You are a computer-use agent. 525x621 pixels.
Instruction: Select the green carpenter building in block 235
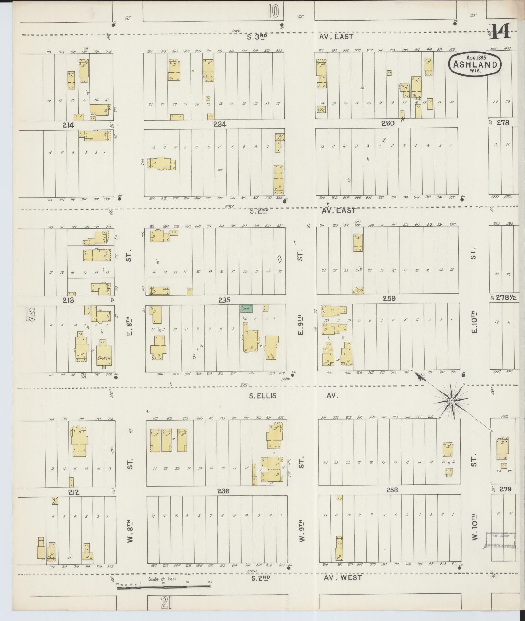[246, 308]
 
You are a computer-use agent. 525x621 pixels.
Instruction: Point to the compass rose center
[452, 400]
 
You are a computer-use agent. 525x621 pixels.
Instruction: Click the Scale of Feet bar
[163, 587]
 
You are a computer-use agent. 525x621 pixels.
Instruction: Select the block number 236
[223, 491]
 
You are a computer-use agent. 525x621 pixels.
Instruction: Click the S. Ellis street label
[262, 396]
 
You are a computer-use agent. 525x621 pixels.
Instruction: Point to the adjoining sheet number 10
[273, 12]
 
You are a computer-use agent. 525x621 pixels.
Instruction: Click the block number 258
[392, 490]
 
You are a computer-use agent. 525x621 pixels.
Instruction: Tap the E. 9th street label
[301, 326]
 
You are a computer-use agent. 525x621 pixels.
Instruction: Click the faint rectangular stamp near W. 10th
[500, 540]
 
